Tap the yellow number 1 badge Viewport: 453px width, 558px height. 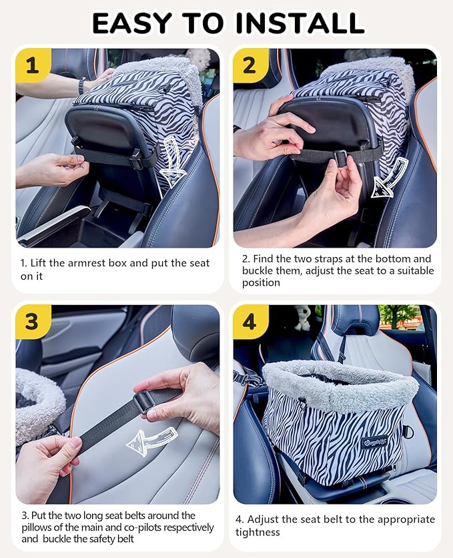pos(32,65)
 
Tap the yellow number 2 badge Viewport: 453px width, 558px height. pos(250,65)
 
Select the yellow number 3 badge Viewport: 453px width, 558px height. pos(32,322)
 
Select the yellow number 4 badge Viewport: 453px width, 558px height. pos(250,322)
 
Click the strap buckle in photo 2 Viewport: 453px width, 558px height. pos(339,158)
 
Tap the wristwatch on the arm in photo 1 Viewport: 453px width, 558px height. pos(81,85)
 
